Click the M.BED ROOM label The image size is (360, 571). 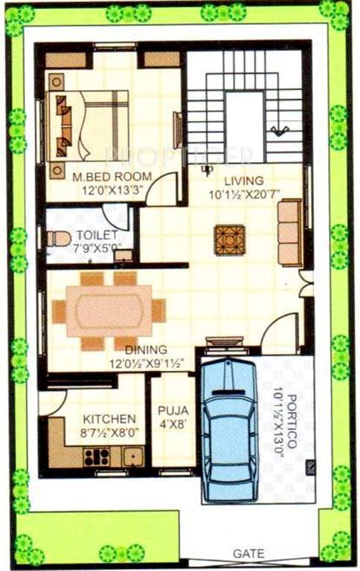pos(112,177)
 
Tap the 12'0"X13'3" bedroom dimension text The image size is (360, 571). pos(112,190)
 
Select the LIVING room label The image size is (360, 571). pos(243,181)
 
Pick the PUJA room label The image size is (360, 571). pos(173,410)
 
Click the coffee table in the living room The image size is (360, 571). pos(230,239)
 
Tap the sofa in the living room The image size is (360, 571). pos(289,232)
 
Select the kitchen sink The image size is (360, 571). pos(133,456)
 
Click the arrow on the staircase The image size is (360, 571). pos(280,132)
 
